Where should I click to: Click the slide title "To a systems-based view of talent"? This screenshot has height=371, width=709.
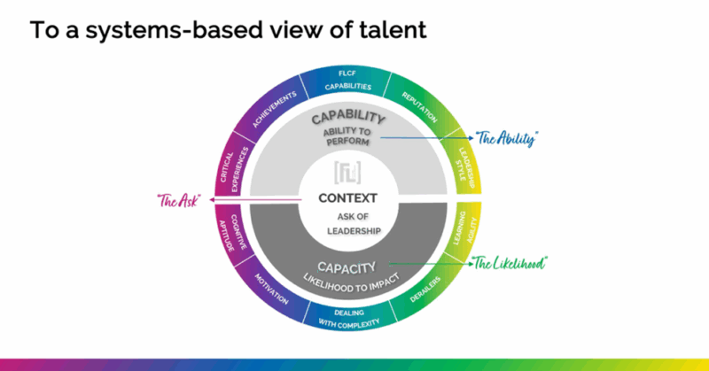228,29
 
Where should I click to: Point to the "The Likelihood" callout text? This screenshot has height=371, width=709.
509,262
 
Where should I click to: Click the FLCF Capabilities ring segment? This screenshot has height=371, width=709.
347,81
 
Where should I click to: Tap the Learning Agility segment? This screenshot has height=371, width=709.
467,233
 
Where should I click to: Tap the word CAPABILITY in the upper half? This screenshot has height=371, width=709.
347,119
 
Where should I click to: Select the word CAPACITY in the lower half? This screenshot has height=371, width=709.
347,264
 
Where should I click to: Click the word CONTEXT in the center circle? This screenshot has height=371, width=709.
347,198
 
